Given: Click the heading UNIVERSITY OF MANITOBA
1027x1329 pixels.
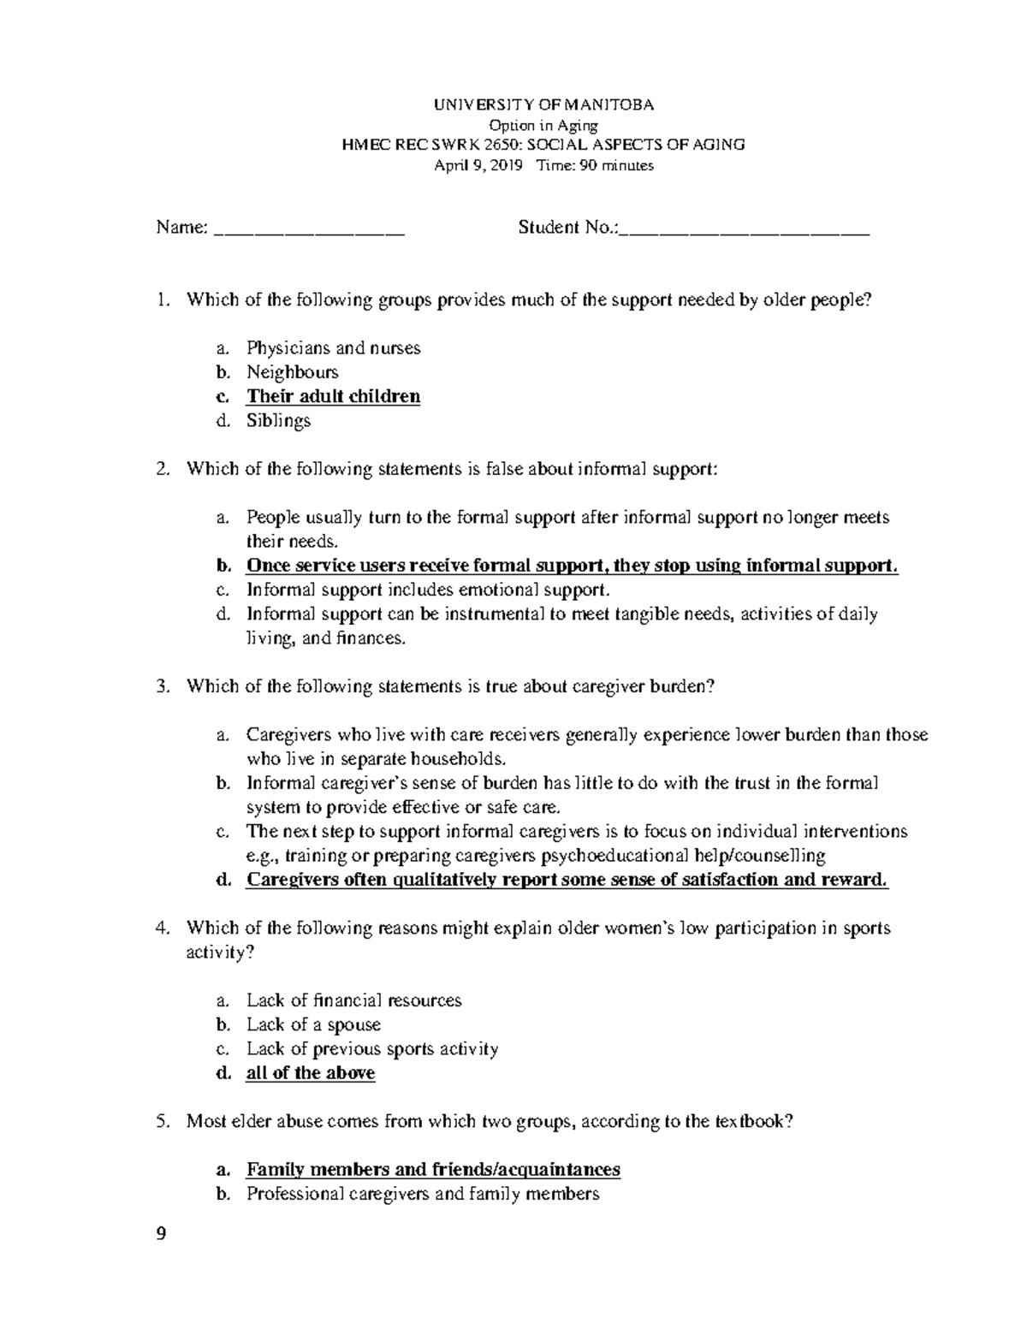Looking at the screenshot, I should [543, 105].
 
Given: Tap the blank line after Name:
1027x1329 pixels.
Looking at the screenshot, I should [308, 228].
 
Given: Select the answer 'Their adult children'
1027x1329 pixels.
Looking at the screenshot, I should [333, 396].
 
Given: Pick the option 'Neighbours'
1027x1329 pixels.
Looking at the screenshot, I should [292, 372].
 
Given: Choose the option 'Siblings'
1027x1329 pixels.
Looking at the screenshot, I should [278, 420].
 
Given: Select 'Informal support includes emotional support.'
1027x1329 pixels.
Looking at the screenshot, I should [429, 590].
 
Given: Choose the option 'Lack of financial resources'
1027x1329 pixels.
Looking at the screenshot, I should [353, 1000].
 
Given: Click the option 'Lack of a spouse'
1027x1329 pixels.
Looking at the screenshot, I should [313, 1024].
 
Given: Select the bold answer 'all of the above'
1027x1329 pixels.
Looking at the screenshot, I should [310, 1073].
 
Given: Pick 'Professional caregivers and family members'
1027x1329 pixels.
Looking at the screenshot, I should [422, 1194].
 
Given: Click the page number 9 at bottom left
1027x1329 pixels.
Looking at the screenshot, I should [163, 1234].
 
